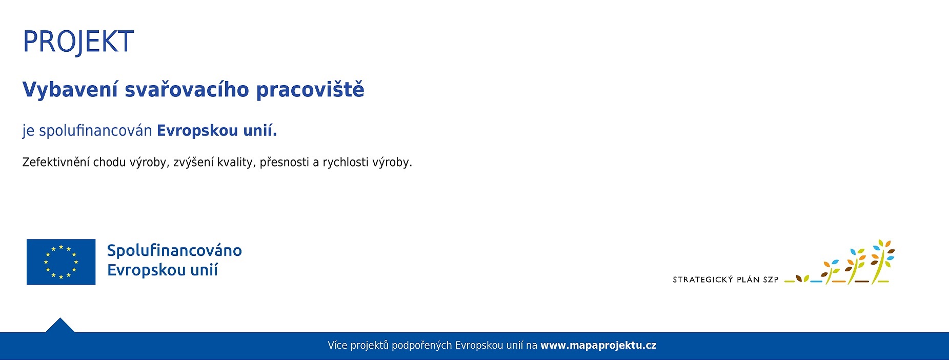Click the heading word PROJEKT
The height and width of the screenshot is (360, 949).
(78, 42)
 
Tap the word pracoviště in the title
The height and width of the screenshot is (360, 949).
(310, 90)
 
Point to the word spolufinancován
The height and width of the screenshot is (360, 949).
(95, 131)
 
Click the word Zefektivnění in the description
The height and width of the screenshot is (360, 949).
(56, 163)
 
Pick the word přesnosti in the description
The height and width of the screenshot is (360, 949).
(284, 163)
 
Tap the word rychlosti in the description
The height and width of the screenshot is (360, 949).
(345, 163)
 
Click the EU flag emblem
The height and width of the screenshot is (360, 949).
(61, 262)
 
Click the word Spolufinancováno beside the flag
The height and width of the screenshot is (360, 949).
(174, 251)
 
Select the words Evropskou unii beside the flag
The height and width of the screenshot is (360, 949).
(163, 270)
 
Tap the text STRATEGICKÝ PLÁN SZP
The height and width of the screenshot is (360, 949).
(725, 279)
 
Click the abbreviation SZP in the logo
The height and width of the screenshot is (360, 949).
(771, 279)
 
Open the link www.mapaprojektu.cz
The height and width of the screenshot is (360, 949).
(598, 346)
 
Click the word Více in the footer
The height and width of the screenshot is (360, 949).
(337, 346)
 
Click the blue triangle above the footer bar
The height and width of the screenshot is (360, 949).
(60, 326)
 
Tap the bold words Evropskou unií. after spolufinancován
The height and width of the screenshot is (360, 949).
(216, 131)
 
